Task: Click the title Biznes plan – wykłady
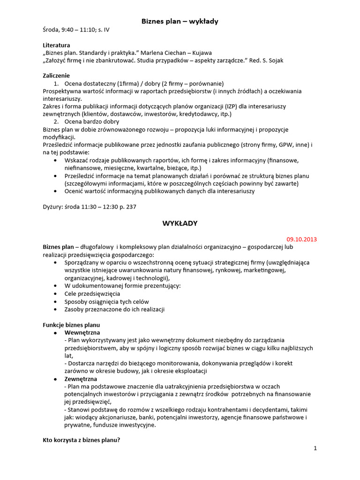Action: click(180, 21)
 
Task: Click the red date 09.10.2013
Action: click(301, 239)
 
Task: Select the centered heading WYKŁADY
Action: click(180, 224)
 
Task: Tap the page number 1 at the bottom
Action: click(315, 448)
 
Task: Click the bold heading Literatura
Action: click(56, 45)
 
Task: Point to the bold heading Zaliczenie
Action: click(56, 75)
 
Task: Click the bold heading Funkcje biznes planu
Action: click(71, 324)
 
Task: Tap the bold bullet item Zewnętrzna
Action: click(81, 378)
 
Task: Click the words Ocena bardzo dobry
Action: click(92, 121)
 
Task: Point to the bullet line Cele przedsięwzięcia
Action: click(92, 293)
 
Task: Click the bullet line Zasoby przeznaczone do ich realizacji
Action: click(114, 309)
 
